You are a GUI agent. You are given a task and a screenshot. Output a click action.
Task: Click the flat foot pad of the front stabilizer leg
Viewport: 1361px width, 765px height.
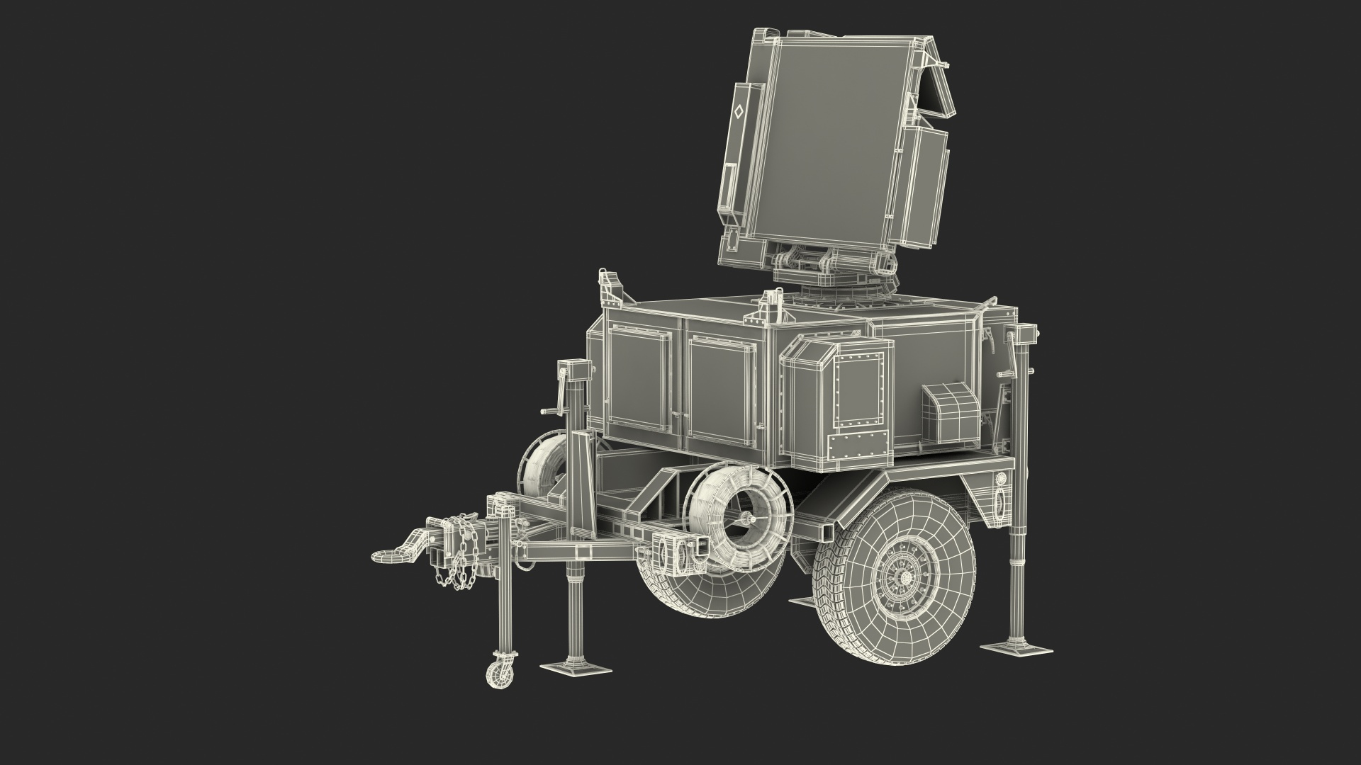click(576, 667)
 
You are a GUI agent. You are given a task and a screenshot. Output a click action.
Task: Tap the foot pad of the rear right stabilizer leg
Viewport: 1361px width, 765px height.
click(1016, 648)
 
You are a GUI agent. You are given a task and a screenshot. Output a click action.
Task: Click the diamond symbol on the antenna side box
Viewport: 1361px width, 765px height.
click(738, 111)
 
